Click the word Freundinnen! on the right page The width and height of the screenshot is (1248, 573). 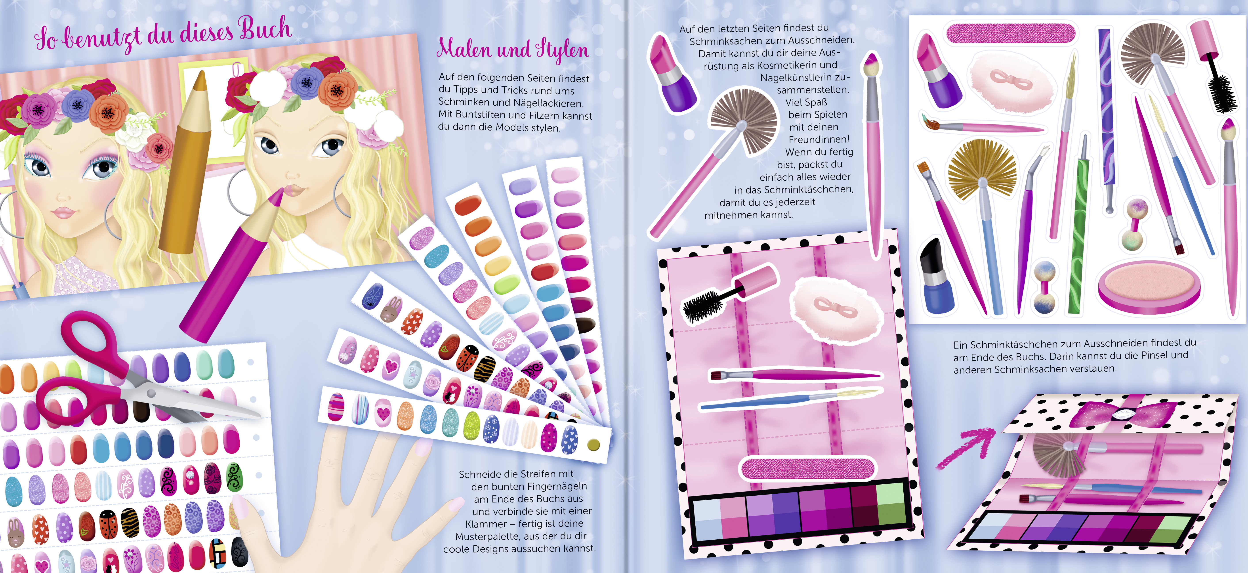[819, 139]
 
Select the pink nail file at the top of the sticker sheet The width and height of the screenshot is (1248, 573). [1010, 33]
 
